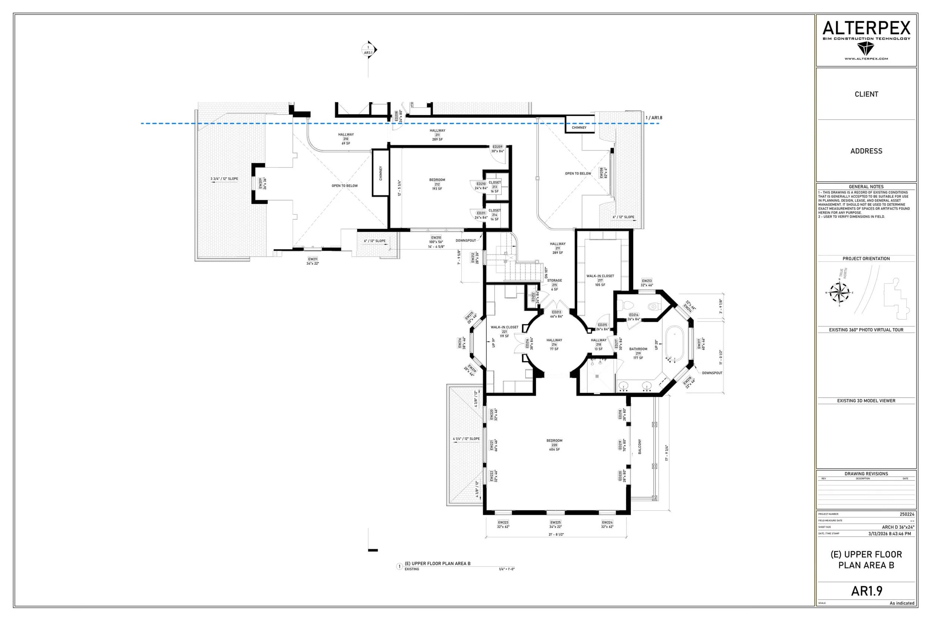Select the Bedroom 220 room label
[554, 445]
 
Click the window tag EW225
[555, 525]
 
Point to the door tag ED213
[556, 314]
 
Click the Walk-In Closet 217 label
[600, 280]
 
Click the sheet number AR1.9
[867, 591]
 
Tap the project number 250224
[907, 514]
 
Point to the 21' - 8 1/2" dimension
[556, 534]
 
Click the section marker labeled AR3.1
[369, 50]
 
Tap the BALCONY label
[640, 446]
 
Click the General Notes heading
[866, 187]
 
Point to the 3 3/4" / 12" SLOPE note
[224, 178]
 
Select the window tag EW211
[312, 261]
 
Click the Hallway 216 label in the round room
[554, 344]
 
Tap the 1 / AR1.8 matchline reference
[654, 118]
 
